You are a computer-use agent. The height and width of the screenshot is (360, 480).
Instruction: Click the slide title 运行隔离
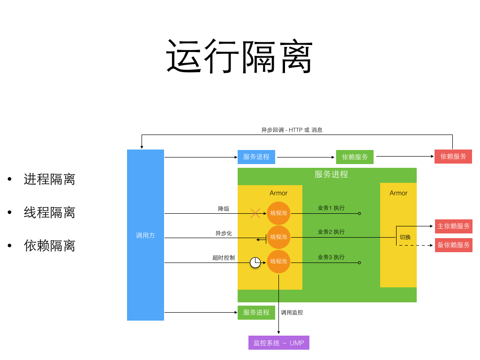coord(240,57)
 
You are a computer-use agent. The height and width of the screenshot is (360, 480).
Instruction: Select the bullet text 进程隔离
coord(49,179)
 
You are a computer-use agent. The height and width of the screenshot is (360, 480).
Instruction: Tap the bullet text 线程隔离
coord(49,212)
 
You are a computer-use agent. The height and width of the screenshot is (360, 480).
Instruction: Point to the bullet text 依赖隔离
coord(49,246)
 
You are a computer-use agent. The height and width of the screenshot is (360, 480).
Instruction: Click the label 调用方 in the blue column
coord(145,235)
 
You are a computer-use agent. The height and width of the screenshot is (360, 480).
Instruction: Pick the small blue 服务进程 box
coord(256,157)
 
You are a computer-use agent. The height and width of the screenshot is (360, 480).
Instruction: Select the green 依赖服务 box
coord(355,157)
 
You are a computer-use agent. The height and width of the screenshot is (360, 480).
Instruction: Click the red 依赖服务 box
coord(453,157)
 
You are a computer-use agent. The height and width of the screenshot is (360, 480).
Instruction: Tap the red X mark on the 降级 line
coord(255,213)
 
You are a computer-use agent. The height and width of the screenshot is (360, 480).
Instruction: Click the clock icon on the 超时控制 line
coord(255,262)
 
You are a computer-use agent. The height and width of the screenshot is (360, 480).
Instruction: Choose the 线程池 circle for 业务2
coord(278,237)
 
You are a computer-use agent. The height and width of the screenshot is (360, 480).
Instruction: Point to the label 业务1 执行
coord(331,208)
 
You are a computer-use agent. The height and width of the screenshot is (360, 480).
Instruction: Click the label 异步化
coord(224,233)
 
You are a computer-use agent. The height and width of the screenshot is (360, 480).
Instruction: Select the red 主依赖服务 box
coord(454,226)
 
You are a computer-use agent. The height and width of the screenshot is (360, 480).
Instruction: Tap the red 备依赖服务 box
coord(454,245)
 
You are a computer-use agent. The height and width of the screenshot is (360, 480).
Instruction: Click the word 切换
coord(405,237)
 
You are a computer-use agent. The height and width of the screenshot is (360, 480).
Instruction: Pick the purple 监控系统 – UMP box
coord(279,343)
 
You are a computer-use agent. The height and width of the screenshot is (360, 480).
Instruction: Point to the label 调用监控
coord(292,312)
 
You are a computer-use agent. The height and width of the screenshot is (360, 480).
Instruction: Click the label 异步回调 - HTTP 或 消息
coord(292,130)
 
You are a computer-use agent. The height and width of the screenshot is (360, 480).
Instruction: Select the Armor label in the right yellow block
coord(398,193)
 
